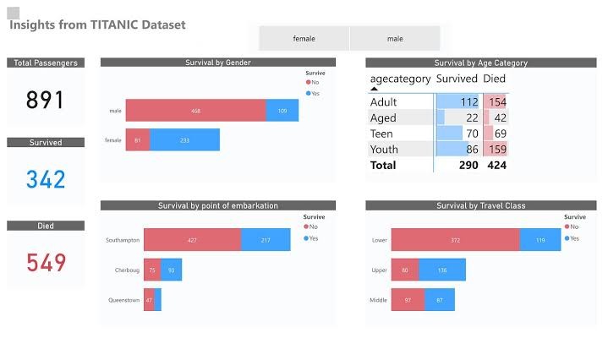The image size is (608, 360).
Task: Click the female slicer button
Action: (x=304, y=39)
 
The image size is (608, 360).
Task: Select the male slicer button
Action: (x=395, y=39)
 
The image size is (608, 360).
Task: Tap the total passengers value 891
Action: (x=46, y=101)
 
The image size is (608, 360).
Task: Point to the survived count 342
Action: (x=46, y=179)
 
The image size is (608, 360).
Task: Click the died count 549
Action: (x=46, y=263)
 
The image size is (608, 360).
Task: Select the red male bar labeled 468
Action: (x=195, y=111)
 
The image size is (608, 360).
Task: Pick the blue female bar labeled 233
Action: (x=184, y=140)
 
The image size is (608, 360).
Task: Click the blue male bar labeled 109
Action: (x=282, y=111)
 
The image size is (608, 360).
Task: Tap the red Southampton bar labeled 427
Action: (x=192, y=240)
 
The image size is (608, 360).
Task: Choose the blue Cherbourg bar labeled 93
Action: (x=173, y=270)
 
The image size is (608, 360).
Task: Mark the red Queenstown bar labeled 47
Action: (x=149, y=300)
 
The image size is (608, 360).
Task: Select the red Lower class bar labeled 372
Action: (x=455, y=240)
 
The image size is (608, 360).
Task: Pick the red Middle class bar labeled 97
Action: (x=408, y=300)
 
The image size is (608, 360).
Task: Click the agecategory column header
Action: (x=400, y=79)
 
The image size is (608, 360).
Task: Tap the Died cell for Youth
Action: (x=495, y=150)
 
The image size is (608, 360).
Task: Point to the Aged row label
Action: (x=383, y=118)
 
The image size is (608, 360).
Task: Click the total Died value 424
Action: (x=495, y=166)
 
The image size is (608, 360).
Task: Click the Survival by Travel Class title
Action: (x=480, y=205)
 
